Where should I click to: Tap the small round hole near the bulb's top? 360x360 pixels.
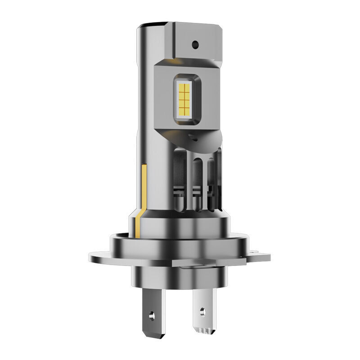(x=195, y=44)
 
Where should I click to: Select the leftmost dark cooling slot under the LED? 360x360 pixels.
(x=178, y=180)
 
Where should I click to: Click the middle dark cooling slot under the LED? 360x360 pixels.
(x=197, y=180)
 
